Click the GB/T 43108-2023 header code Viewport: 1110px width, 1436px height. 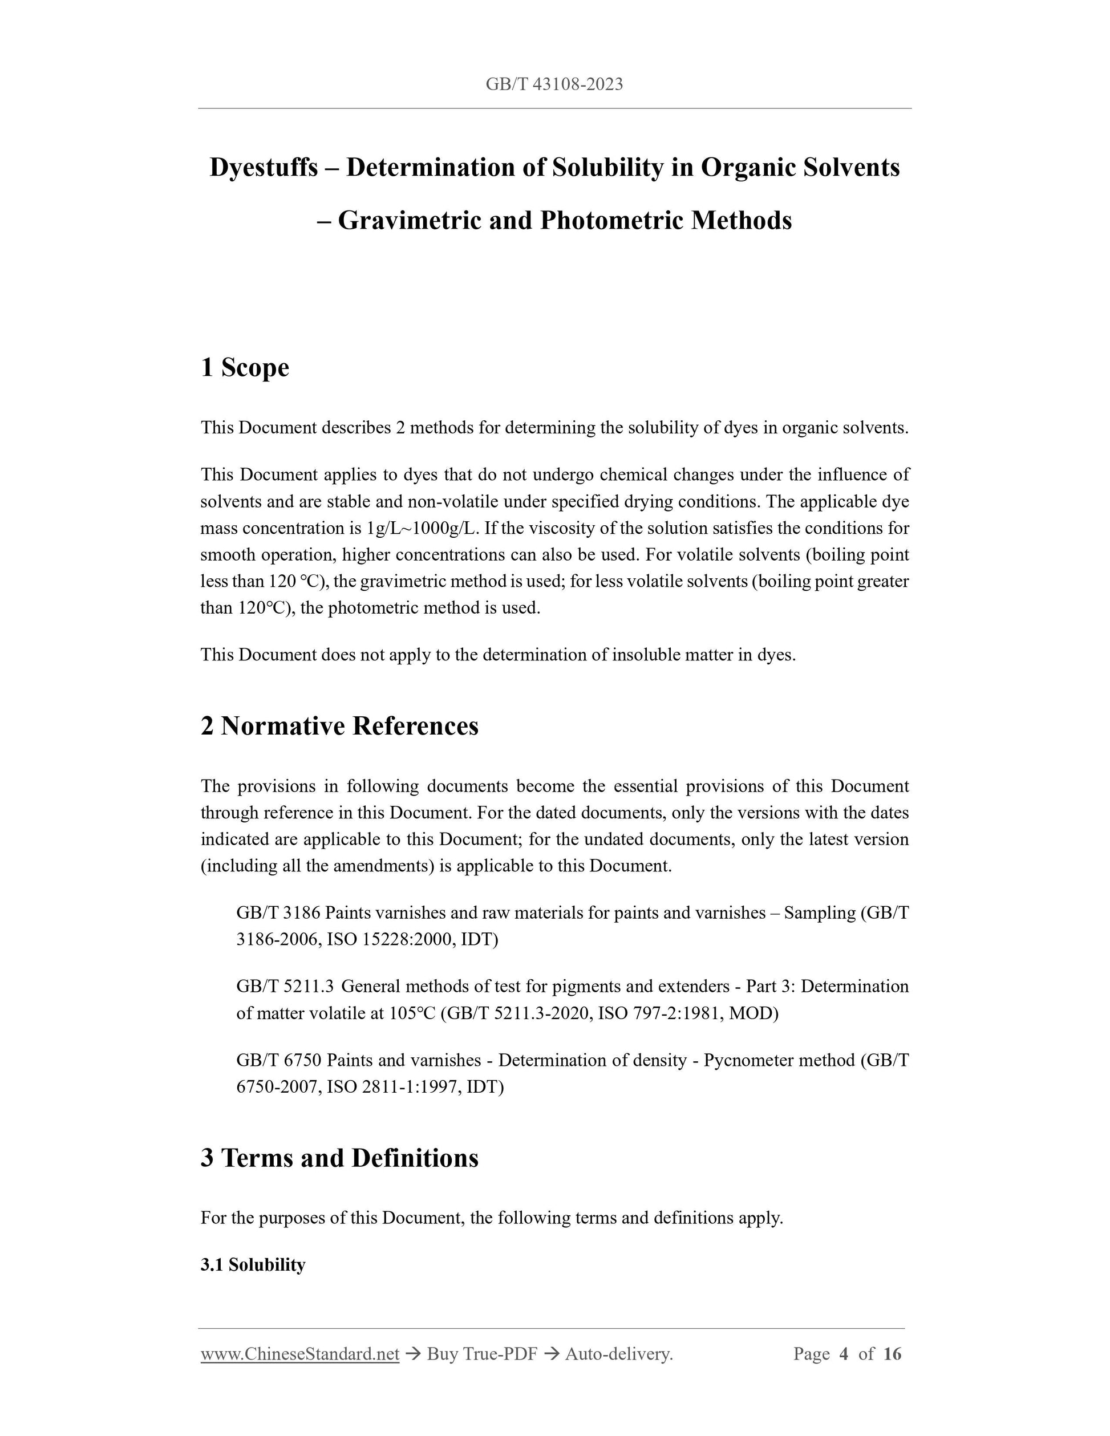coord(554,84)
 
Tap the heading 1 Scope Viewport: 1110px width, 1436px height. coord(245,367)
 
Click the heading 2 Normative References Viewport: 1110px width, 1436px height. coord(339,726)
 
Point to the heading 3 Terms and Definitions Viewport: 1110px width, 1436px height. coord(339,1158)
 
